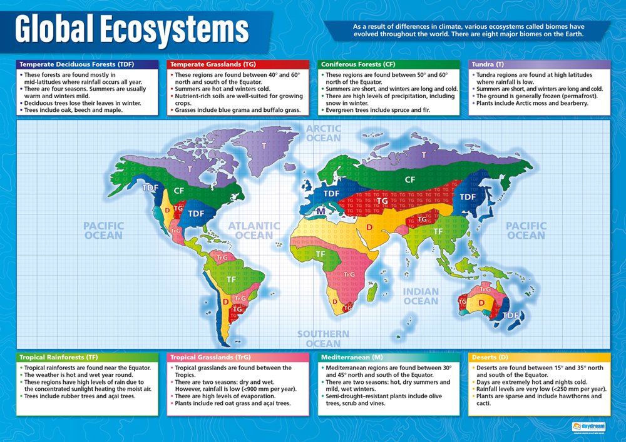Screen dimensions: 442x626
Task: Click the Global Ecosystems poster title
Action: (131, 30)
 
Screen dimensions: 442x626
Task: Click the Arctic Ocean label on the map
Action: (324, 133)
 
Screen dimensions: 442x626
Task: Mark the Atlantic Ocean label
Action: (254, 230)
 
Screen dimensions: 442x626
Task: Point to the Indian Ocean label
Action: (420, 296)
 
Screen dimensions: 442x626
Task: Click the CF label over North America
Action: (179, 190)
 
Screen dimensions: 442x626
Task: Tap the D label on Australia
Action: (481, 303)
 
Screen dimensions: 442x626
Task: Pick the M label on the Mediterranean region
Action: (321, 212)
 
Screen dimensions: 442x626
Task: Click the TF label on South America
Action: (231, 279)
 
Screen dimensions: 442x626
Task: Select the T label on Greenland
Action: (264, 145)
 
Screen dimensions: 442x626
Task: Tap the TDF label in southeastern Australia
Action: (511, 315)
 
